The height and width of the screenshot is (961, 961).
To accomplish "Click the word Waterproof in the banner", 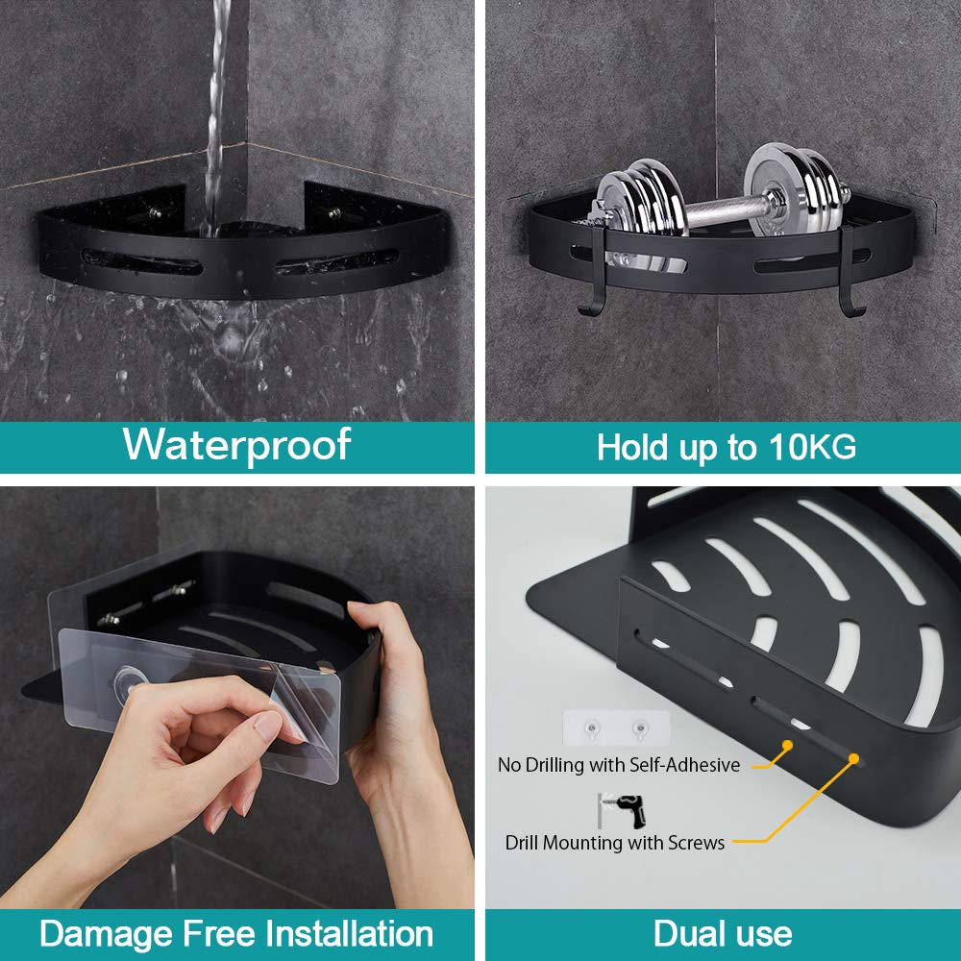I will point(236,446).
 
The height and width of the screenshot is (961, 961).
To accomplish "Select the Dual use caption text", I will point(723,934).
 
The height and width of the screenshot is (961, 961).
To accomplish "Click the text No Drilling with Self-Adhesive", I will point(619,766).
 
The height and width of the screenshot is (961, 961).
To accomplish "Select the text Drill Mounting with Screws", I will point(615,843).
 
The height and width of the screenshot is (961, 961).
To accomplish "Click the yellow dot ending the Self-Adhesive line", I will point(787,745).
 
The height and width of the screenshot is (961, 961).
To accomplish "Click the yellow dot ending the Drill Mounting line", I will point(852,759).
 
